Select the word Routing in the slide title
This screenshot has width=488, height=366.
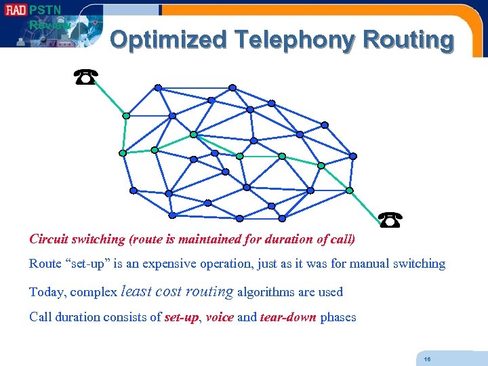tap(408, 40)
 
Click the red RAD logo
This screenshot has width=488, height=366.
tap(14, 10)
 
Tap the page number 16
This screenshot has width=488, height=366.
tap(427, 359)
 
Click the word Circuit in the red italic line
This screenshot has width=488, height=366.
tap(48, 239)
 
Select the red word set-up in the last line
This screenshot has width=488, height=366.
tap(182, 317)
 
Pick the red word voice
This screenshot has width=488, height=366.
tap(220, 317)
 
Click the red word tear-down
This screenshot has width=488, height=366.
tap(288, 317)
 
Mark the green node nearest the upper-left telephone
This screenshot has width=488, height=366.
tap(126, 116)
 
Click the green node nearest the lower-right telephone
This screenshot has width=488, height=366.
tap(349, 190)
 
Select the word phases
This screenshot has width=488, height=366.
tap(338, 317)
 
